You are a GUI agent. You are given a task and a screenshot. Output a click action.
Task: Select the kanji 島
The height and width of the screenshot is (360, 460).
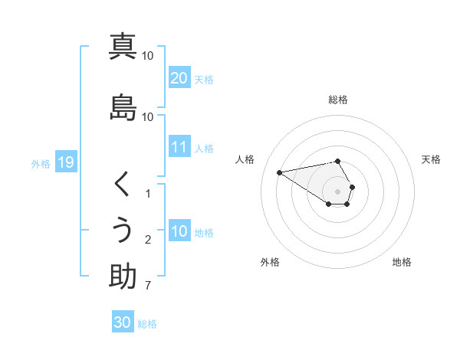(123, 106)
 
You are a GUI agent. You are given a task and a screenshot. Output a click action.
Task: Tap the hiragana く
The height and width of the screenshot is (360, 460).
(123, 185)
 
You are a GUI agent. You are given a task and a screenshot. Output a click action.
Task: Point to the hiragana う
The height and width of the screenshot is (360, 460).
(123, 231)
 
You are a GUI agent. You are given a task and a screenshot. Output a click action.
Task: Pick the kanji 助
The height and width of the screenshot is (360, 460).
(123, 277)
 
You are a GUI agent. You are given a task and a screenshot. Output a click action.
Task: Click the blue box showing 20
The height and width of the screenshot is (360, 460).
(179, 78)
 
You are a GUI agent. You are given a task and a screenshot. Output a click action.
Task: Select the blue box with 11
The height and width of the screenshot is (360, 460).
(179, 147)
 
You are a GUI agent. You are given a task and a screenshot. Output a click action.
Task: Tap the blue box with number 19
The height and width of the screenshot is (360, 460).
(65, 162)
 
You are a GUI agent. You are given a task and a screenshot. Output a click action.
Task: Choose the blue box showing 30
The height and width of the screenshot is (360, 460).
(123, 322)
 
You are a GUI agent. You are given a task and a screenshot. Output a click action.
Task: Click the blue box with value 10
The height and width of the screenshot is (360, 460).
(179, 231)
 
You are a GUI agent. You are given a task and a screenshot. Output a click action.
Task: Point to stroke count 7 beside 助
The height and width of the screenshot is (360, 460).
(148, 286)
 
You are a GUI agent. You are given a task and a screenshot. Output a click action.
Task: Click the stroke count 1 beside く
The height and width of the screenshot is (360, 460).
(148, 194)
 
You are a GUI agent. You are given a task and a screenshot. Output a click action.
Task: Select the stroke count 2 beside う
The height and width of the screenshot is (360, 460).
(148, 241)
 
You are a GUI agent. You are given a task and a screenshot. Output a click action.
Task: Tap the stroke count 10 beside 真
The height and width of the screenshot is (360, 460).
(148, 55)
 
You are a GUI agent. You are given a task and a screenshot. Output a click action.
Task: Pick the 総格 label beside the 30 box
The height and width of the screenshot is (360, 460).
(147, 324)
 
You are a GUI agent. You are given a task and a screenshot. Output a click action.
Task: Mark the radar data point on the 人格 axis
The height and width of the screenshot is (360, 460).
(279, 172)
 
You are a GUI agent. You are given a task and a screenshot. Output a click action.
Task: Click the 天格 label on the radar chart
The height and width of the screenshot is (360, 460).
(431, 159)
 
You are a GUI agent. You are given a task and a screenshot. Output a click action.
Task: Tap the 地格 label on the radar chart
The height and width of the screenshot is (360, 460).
(402, 262)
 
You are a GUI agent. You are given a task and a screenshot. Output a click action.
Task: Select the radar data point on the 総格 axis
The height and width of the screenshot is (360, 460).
(337, 161)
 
